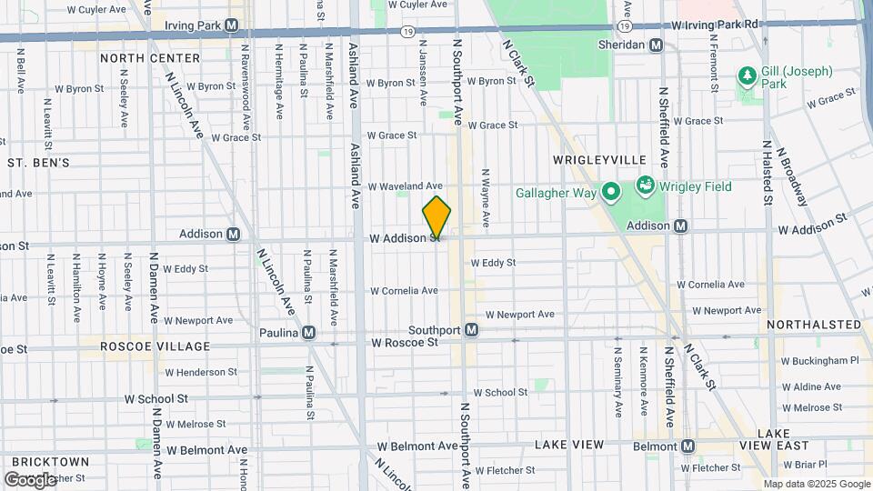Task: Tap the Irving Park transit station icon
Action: coord(233,25)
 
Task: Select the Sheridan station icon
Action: coord(655,45)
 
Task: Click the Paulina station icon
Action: coord(309,333)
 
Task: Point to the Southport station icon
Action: coord(471,330)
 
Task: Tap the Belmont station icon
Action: coord(687,446)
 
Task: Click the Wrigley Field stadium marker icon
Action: coord(646,186)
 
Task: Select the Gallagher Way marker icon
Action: coord(611,192)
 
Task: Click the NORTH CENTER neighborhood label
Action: coord(150,58)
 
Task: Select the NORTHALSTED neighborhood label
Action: coord(813,325)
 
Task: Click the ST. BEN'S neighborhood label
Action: coord(38,163)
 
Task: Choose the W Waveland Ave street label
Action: coord(405,185)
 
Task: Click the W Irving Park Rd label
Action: coord(715,24)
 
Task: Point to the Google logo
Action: coord(30,479)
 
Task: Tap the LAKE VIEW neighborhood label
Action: coord(569,445)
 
